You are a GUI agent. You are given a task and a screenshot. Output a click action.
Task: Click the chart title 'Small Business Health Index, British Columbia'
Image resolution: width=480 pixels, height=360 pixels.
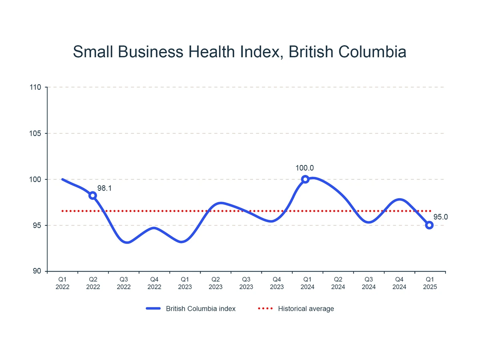coord(240,52)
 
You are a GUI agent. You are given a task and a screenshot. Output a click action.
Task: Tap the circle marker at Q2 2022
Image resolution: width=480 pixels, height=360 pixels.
coord(93,195)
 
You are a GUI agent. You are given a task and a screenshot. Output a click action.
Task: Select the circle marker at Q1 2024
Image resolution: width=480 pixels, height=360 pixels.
coord(305,179)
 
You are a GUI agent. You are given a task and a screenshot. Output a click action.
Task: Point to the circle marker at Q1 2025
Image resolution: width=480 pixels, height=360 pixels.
coord(429,225)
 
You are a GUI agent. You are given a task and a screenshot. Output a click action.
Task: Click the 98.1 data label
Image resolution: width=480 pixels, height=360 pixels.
coord(104,187)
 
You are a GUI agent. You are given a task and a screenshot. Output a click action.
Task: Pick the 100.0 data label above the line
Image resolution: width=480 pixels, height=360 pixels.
coord(305,168)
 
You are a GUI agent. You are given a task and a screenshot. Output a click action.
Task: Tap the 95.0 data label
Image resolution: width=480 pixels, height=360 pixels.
coord(440,217)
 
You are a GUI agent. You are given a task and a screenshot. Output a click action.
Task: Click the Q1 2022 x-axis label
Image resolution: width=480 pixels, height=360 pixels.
coord(62,283)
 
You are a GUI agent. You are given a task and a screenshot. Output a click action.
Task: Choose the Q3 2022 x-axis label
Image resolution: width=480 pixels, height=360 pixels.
coord(124,283)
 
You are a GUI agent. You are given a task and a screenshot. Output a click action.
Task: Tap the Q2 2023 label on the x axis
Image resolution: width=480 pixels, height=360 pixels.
coord(216,283)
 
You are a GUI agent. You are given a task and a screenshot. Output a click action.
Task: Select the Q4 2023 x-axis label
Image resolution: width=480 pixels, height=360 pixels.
coord(277,283)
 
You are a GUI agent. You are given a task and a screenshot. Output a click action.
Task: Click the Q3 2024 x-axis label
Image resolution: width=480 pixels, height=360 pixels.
coord(369,283)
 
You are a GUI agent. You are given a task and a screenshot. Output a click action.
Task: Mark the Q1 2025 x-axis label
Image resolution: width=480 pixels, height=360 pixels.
coord(430,283)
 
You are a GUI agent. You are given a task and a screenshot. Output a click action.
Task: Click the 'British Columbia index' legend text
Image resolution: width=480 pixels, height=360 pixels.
coord(201,309)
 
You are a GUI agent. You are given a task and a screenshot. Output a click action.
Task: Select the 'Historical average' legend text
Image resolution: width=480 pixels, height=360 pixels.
coord(306,309)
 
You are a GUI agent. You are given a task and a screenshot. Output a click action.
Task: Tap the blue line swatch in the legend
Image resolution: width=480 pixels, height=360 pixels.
coord(153,309)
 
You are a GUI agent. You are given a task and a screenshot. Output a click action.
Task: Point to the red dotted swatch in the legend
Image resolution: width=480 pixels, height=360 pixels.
coord(265,309)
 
